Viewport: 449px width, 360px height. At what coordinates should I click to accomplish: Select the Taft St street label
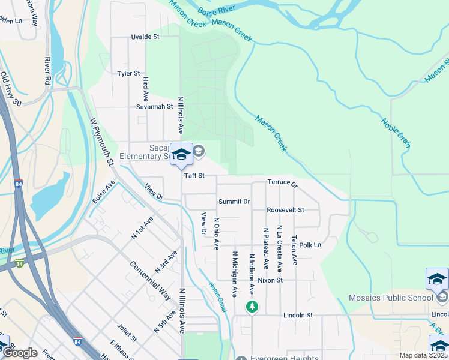click(194, 176)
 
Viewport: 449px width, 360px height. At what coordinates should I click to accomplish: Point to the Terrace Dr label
click(282, 182)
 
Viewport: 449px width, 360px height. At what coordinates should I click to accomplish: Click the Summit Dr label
click(234, 202)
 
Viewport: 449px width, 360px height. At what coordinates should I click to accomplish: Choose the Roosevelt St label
click(286, 210)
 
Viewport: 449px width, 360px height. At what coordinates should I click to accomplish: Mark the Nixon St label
click(270, 280)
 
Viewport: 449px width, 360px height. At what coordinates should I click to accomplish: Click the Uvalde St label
click(145, 37)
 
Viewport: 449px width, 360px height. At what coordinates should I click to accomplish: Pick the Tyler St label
click(128, 73)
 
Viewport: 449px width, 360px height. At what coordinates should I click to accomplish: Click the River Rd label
click(47, 70)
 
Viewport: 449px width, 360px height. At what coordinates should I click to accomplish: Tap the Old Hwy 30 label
click(10, 89)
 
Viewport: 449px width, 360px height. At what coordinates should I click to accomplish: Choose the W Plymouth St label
click(101, 141)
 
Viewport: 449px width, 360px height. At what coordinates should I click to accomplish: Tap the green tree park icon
click(252, 307)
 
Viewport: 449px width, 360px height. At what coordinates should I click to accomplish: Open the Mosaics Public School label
click(391, 298)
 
